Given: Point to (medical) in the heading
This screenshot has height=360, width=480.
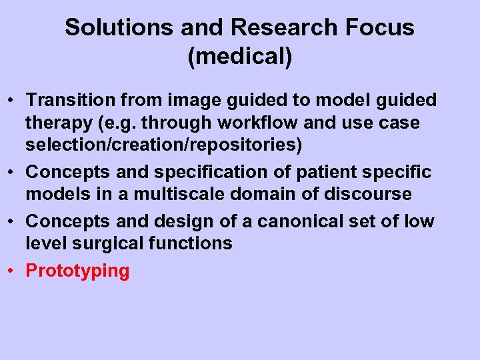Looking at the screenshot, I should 240,57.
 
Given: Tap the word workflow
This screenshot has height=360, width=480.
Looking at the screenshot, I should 240,123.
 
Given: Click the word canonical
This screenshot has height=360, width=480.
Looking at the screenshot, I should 297,221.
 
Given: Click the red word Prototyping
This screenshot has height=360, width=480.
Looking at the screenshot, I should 77,271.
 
